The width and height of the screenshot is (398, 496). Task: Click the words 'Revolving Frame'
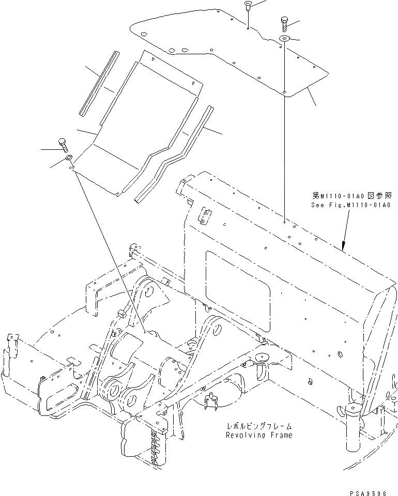tap(259, 435)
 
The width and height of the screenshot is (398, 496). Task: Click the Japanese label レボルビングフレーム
tap(259, 426)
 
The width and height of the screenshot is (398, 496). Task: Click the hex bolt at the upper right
tap(284, 24)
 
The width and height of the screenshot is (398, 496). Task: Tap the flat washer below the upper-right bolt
tap(284, 39)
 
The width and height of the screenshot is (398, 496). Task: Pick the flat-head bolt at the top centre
tap(248, 6)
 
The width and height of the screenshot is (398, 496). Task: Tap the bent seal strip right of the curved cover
tap(173, 155)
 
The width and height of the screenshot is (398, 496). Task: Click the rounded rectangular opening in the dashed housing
tap(238, 289)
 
